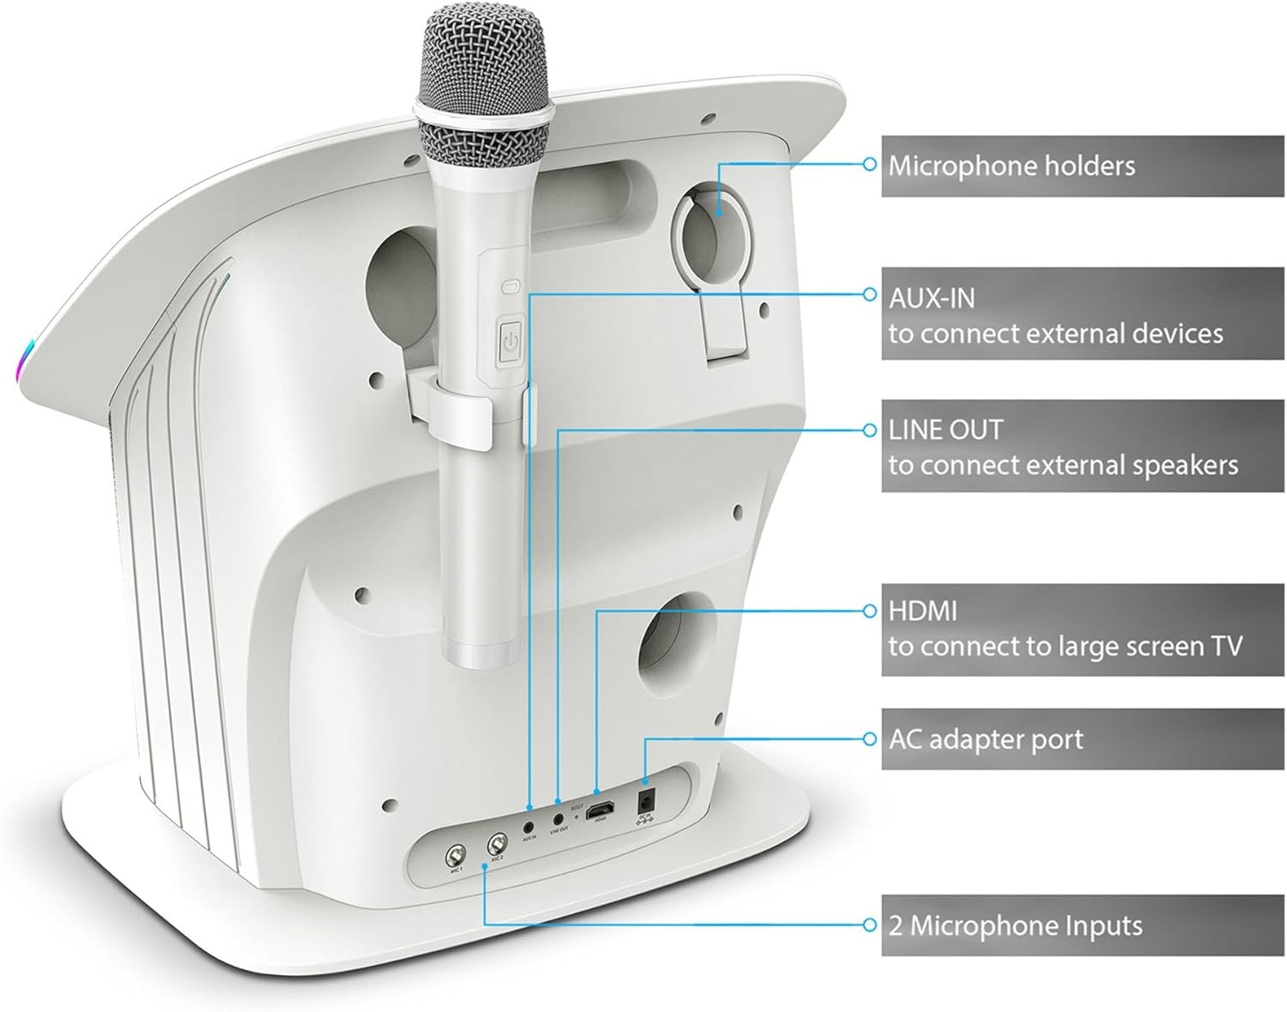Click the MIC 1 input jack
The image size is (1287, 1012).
[454, 856]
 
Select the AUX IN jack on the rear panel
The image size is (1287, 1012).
[529, 822]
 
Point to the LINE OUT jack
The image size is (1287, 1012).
[559, 817]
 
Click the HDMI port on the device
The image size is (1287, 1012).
[600, 809]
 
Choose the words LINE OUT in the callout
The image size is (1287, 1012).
[945, 429]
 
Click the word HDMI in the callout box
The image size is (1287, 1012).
[922, 611]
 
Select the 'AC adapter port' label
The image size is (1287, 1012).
[986, 739]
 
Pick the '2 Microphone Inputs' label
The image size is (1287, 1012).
[1015, 925]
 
